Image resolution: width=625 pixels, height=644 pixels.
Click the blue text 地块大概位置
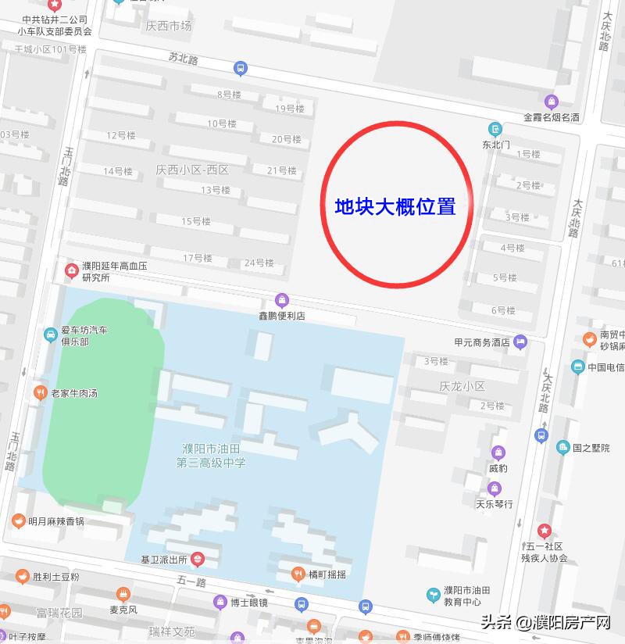coord(395,207)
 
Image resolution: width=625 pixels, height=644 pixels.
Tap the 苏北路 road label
coord(183,59)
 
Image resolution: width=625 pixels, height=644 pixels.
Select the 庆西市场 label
coord(168,26)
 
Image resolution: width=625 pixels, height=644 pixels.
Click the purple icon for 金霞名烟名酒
coord(552,102)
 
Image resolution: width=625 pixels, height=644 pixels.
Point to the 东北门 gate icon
coord(495,129)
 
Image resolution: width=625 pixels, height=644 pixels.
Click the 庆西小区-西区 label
coord(191,170)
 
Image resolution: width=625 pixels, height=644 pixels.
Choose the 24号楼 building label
coord(259,263)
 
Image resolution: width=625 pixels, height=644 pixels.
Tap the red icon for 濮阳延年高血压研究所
coord(71,271)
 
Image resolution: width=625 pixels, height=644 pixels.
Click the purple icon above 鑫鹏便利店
coord(281,300)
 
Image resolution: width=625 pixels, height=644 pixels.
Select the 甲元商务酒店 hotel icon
coord(520,342)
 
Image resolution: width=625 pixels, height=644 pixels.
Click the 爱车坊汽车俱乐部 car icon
coord(50,335)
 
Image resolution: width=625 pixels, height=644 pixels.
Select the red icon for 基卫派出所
coord(198,559)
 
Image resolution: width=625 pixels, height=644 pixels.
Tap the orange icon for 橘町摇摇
coord(297,574)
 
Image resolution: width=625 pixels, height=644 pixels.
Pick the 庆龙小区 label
coord(462,386)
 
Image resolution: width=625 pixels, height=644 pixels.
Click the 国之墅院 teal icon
coord(562,448)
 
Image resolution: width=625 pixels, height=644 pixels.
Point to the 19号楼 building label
coord(289,109)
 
